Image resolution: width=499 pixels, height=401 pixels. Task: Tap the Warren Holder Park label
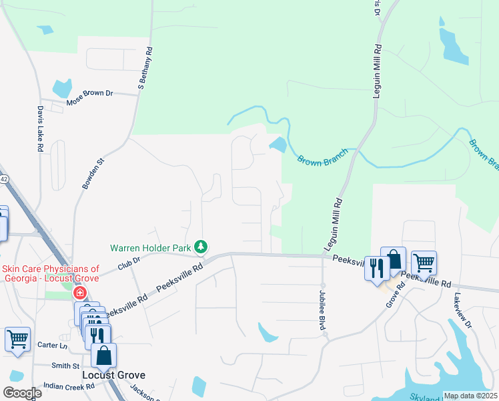click(151, 247)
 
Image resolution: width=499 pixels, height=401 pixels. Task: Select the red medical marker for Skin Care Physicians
click(80, 293)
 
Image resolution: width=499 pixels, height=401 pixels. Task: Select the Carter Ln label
click(53, 346)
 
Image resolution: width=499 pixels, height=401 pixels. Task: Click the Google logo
click(22, 393)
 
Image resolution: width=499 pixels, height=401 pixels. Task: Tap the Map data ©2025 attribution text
click(470, 396)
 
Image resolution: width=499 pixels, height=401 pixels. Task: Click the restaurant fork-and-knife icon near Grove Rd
click(377, 268)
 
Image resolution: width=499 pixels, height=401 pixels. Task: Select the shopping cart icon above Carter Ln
click(17, 339)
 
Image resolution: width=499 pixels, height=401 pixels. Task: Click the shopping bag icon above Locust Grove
click(103, 356)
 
